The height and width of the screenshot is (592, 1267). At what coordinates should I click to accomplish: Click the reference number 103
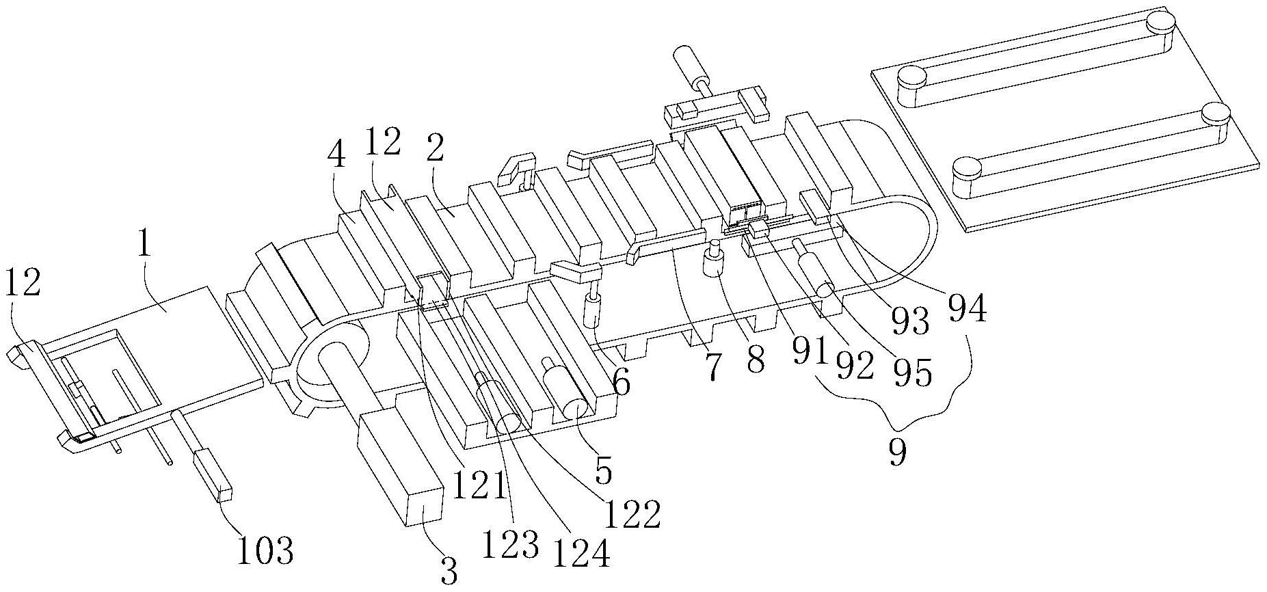pos(266,551)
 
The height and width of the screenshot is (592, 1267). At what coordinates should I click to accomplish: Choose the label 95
pos(914,374)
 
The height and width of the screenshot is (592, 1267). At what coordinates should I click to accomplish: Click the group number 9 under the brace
pos(897,452)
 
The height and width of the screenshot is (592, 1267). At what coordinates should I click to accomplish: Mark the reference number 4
pos(337,157)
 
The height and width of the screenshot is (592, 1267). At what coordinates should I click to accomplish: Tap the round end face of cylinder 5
pos(572,411)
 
